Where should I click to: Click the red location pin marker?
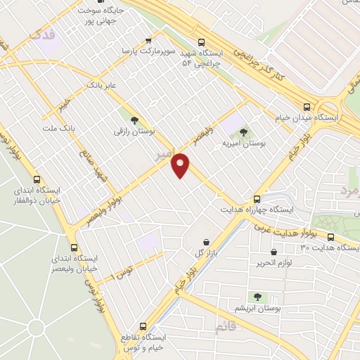pos(181,165)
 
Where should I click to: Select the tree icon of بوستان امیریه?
pos(243,131)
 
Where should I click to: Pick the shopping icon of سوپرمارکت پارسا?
pos(148,40)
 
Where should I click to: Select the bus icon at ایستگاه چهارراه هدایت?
pos(257,199)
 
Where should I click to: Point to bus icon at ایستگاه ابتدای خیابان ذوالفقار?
pos(37,179)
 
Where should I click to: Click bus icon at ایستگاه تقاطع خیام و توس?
pos(143,326)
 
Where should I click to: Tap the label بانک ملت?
pos(58,129)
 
